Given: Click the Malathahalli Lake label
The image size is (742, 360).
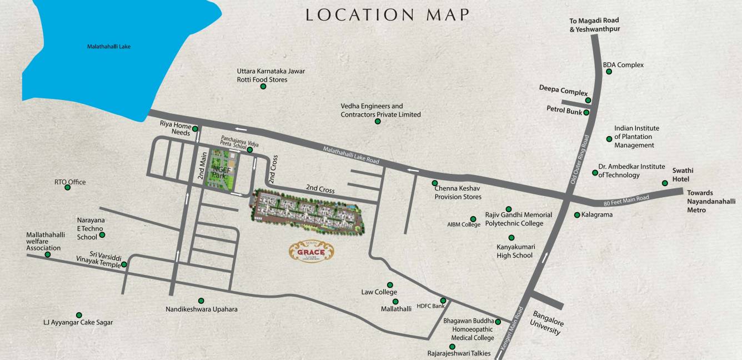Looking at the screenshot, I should (109, 47).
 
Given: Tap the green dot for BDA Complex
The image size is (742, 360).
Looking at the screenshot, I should (609, 72).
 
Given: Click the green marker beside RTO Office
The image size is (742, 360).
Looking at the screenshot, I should (68, 187).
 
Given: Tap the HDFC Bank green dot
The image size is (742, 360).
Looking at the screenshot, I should (443, 301).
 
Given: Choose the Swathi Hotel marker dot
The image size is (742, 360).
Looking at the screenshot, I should (664, 183).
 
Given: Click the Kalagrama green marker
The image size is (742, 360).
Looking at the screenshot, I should (576, 214).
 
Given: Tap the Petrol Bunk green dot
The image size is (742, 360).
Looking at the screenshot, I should (586, 112).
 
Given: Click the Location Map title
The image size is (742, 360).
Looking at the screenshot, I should (388, 15).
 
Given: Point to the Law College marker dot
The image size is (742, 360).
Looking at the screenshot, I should (390, 285).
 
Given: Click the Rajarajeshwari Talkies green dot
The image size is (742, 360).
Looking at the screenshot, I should (452, 347).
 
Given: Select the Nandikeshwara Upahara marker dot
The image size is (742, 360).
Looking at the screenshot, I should (201, 301).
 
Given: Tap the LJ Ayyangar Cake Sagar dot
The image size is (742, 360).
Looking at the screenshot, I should (79, 315).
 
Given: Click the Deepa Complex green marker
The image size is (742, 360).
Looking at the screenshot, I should (588, 101).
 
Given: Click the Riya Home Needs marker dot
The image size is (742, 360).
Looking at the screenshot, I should (195, 129).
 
